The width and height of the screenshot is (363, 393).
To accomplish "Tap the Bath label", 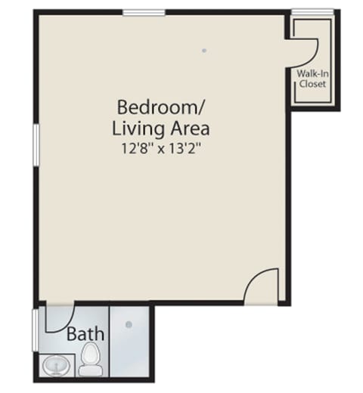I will [x=85, y=333].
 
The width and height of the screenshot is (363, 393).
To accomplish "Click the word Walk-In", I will [x=312, y=74].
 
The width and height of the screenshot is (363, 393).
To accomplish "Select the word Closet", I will [x=312, y=84].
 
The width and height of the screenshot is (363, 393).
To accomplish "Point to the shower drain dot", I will [x=129, y=325].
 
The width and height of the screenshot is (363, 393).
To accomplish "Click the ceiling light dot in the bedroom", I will [x=204, y=51].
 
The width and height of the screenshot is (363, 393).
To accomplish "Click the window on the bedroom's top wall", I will [x=144, y=11].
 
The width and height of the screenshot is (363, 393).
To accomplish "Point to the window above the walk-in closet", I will [x=312, y=11].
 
